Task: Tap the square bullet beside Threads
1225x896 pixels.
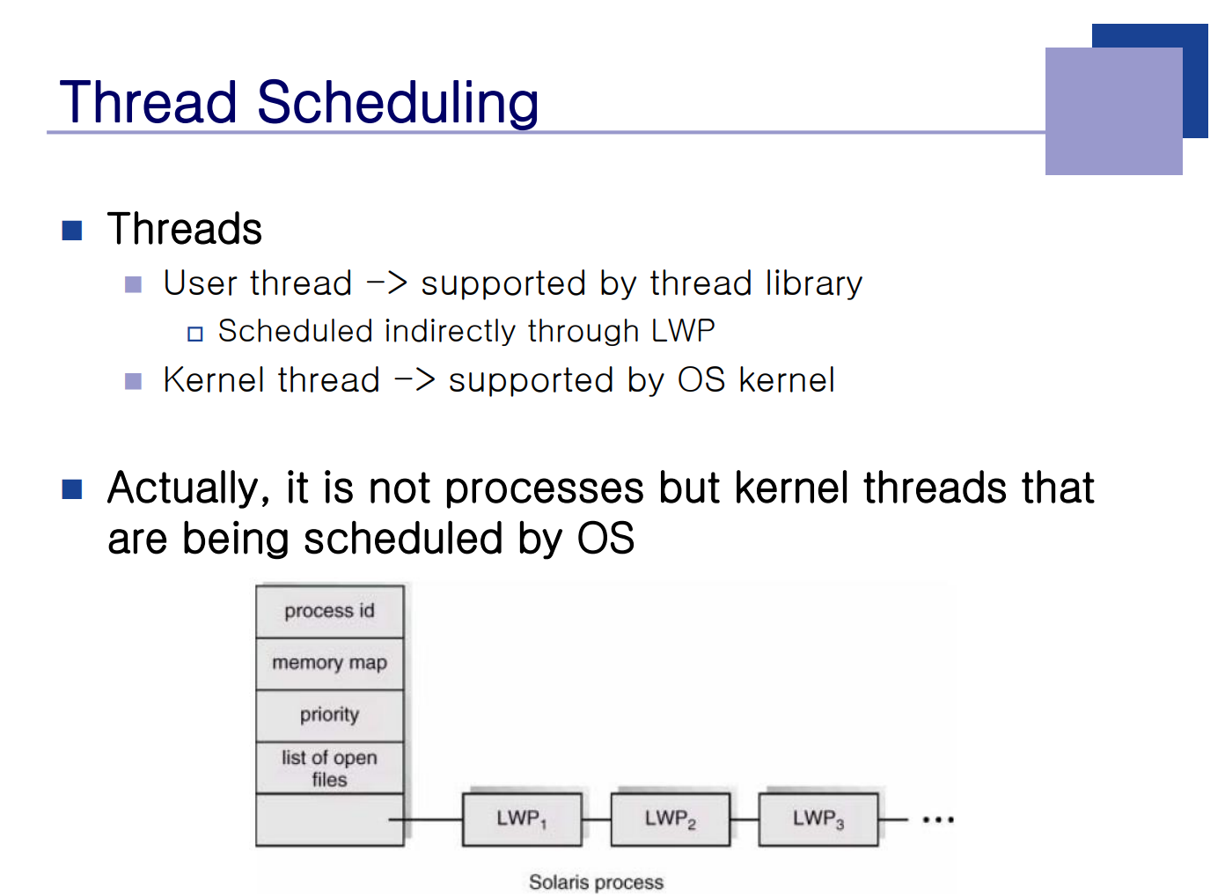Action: coord(71,231)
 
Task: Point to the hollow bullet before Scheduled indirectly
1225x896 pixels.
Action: coord(195,334)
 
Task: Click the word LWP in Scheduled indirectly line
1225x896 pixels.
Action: coord(683,331)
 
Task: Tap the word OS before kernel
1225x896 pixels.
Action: coord(701,379)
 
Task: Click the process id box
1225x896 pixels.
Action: coord(330,612)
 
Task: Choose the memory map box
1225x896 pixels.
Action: coord(330,664)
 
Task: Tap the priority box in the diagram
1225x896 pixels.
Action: coord(330,716)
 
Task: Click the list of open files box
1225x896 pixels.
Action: coord(330,767)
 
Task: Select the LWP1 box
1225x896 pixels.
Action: coord(522,819)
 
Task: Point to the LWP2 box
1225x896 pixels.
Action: coord(670,819)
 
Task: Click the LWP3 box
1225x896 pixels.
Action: coord(818,819)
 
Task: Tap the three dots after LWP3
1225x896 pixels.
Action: coord(938,819)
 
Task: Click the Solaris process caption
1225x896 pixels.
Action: coord(596,882)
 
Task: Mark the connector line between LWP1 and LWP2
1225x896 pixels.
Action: coord(596,819)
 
